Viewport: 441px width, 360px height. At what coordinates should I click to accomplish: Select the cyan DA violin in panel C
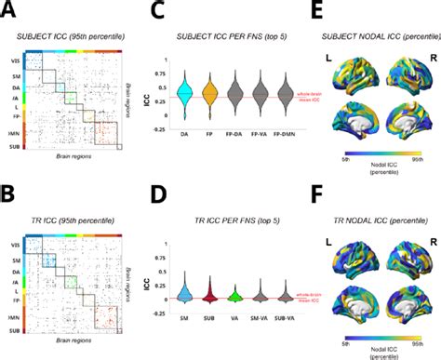[184, 94]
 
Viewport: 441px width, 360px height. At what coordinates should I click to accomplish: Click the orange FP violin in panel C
[209, 94]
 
